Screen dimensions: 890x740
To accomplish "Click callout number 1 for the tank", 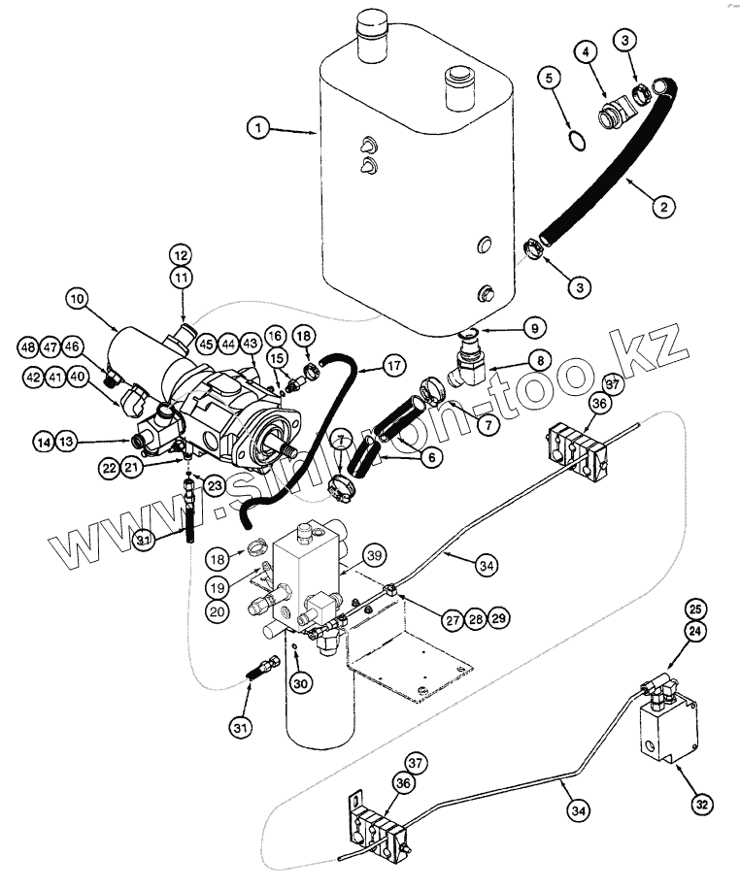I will point(258,127).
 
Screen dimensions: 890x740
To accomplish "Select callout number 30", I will point(301,682).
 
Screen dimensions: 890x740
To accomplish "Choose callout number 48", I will point(28,346).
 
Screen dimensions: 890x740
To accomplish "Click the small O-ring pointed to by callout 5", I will point(576,142).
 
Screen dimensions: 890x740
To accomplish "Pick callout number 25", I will point(694,609).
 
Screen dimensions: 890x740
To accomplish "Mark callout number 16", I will point(275,335).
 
